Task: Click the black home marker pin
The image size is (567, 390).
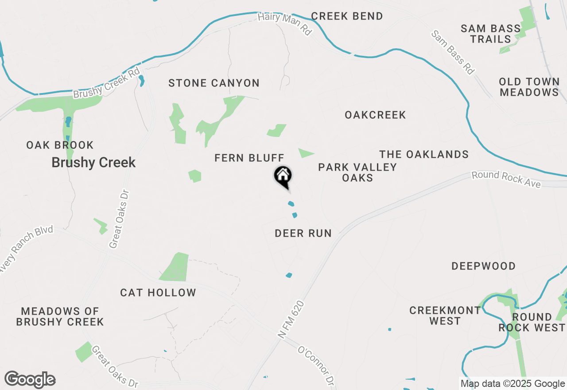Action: [x=283, y=176]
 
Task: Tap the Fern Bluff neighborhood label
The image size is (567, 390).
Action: [x=249, y=158]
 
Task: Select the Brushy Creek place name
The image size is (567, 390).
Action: [x=93, y=163]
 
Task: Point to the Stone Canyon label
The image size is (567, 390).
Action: [x=214, y=83]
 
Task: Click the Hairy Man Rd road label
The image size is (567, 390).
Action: [x=285, y=23]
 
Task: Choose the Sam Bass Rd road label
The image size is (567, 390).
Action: [x=453, y=52]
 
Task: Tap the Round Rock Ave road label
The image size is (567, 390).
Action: [x=506, y=179]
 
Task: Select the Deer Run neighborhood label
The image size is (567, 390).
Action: [x=303, y=233]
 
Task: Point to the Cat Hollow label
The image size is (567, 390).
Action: [x=158, y=292]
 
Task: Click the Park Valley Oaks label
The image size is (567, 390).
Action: [x=357, y=172]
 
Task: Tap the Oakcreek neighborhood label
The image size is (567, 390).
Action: [x=375, y=115]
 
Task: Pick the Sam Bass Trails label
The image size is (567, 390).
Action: [x=491, y=34]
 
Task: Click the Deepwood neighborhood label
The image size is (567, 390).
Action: [x=484, y=266]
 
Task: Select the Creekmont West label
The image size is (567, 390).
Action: [x=445, y=316]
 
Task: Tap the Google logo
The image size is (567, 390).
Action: [x=30, y=380]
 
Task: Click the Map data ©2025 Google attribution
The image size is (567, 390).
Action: [x=513, y=384]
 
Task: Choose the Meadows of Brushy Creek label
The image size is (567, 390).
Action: [x=60, y=316]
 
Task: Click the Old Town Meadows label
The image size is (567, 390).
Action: [x=529, y=87]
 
